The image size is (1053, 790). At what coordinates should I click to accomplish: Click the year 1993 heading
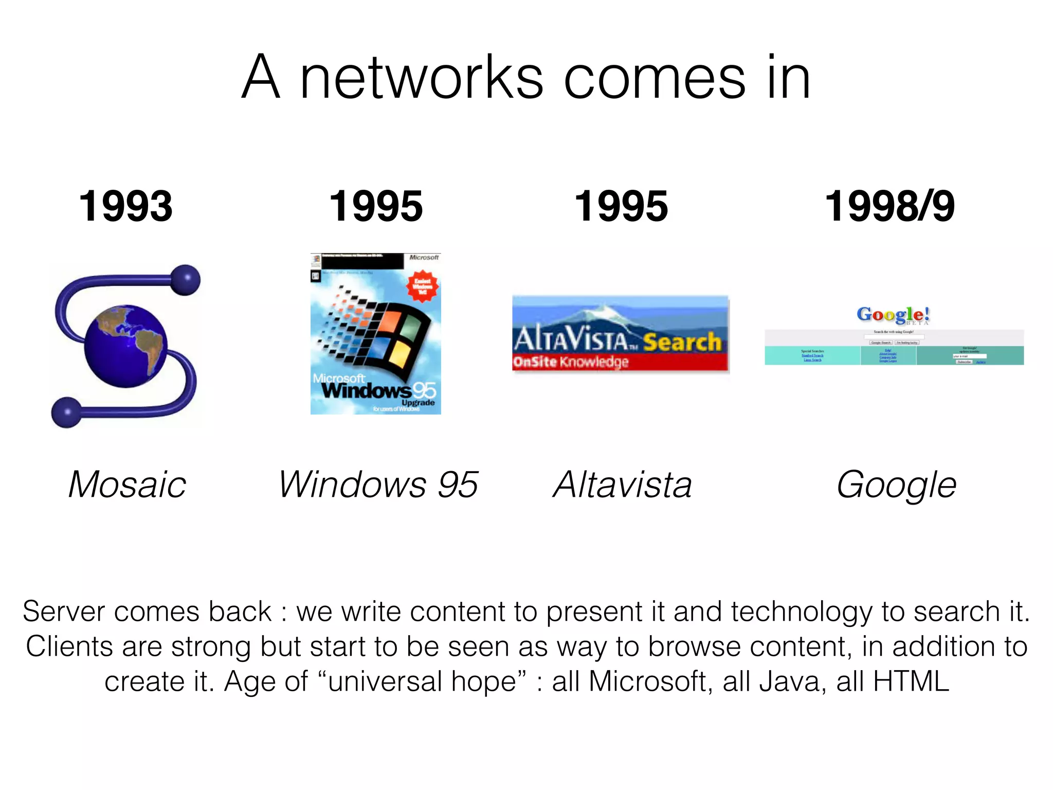click(125, 207)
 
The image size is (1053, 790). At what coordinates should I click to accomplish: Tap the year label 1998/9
click(889, 207)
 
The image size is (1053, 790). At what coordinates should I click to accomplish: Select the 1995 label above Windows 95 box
click(375, 207)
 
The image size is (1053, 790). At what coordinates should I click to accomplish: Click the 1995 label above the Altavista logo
click(621, 207)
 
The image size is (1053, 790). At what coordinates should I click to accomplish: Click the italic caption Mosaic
click(127, 484)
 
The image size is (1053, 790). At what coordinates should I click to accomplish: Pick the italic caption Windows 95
click(378, 484)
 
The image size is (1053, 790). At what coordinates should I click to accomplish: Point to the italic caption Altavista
click(622, 484)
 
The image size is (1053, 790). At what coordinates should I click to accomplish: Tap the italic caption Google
click(896, 484)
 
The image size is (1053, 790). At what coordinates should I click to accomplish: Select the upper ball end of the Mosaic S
click(185, 280)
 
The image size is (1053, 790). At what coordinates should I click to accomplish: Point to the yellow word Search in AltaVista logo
click(682, 342)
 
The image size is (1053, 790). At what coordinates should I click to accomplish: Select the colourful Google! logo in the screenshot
click(893, 314)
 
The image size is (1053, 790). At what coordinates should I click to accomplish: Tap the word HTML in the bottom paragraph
click(911, 681)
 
